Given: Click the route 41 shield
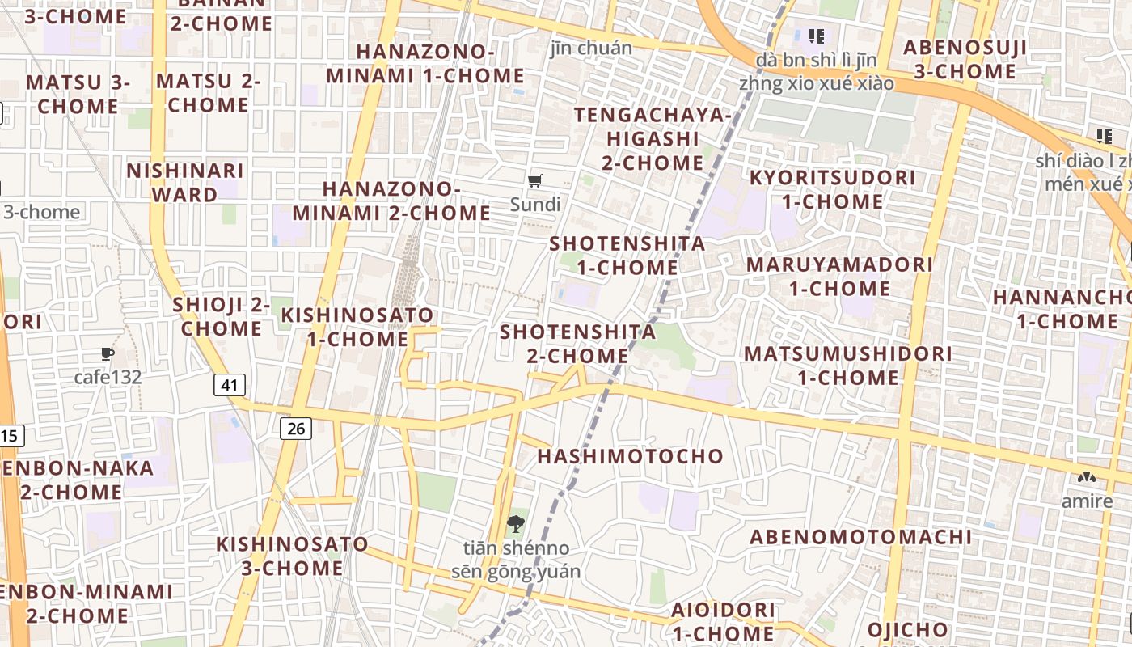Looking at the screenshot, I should [x=230, y=385].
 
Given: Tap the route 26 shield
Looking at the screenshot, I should [x=296, y=428].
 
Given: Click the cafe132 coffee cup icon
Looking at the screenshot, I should [x=108, y=353].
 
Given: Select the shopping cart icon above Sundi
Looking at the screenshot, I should [x=534, y=181].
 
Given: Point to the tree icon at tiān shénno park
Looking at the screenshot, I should [x=515, y=525].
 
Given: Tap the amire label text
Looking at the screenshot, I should [x=1087, y=501].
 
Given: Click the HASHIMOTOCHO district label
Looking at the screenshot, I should [x=631, y=456].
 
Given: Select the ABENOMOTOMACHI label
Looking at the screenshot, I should [x=860, y=537].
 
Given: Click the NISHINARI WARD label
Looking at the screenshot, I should [x=185, y=183].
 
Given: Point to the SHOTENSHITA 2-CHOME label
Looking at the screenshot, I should [x=577, y=344].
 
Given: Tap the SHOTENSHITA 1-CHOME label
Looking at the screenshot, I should [x=627, y=256].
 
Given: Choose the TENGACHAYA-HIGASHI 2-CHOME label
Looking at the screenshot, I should [x=653, y=139].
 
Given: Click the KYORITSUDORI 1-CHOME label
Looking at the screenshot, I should [x=832, y=189].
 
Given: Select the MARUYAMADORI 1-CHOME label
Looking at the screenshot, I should [x=839, y=277].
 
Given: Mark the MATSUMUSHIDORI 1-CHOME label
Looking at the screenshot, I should [x=848, y=366].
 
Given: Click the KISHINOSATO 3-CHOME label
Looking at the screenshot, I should [x=292, y=556].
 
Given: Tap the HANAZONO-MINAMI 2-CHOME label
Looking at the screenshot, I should [x=391, y=201].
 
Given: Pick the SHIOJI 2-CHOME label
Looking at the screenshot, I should [x=221, y=317].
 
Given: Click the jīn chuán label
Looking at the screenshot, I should [x=591, y=48].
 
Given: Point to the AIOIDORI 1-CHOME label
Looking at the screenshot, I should [x=723, y=621].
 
